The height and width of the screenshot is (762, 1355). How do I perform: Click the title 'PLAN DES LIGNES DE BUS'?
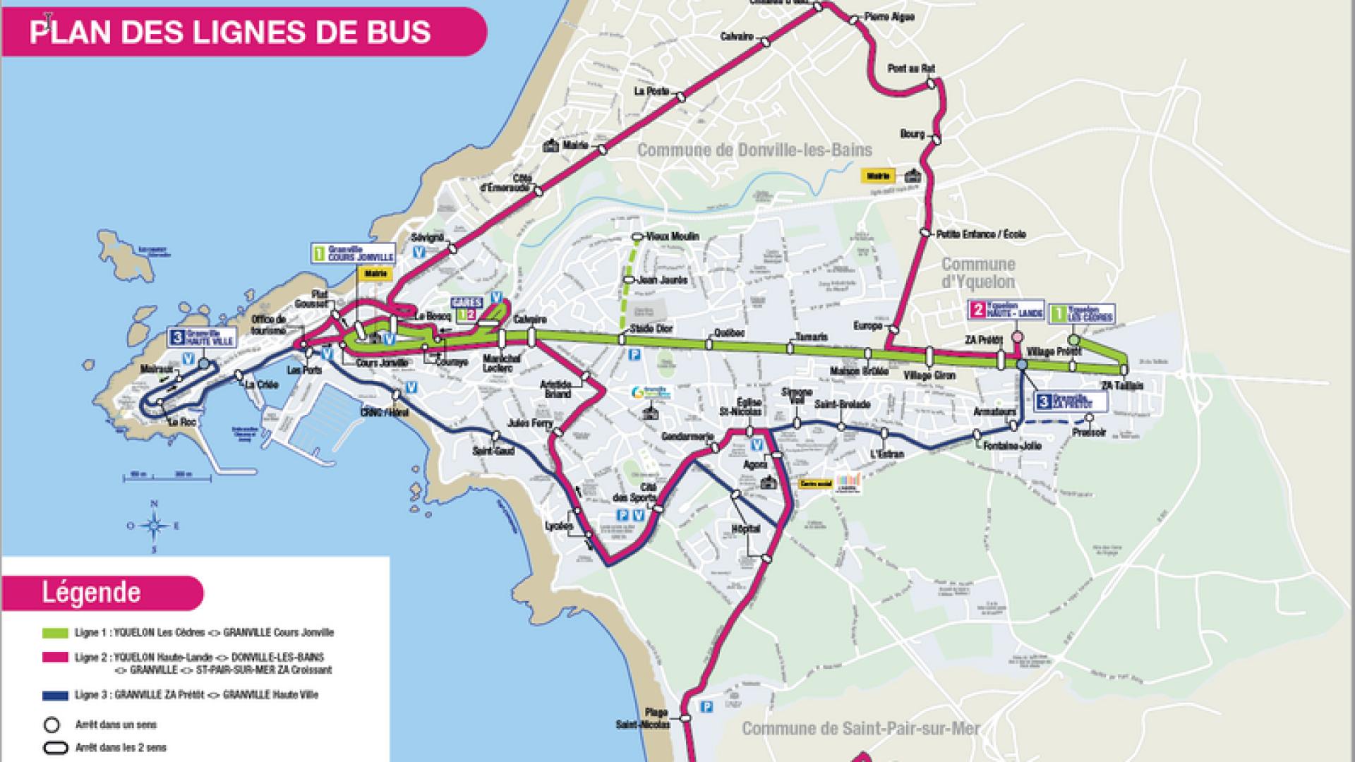(x=230, y=32)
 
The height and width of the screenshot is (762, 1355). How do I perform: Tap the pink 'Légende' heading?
(x=92, y=593)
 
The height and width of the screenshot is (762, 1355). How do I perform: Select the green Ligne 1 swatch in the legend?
(x=55, y=633)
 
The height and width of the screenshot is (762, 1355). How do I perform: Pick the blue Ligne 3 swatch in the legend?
(x=55, y=695)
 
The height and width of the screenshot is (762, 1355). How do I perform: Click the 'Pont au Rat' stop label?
(x=910, y=68)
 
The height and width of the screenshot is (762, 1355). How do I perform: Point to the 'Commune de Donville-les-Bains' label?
(x=754, y=150)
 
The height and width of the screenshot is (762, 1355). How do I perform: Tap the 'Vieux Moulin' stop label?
(x=672, y=236)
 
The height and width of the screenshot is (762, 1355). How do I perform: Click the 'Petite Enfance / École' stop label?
(x=980, y=234)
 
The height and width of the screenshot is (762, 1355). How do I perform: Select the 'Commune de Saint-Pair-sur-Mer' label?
(x=860, y=729)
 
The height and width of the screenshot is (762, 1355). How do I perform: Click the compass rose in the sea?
(x=154, y=526)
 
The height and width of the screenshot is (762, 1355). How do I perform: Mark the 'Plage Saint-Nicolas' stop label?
(x=643, y=718)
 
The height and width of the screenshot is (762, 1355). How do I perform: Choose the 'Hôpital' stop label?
(x=746, y=528)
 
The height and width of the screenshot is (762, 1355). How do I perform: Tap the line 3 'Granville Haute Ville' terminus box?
(x=202, y=338)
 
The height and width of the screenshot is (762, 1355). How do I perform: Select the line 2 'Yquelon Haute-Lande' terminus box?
(x=1006, y=310)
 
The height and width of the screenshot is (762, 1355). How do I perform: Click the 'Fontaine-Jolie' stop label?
(x=1012, y=446)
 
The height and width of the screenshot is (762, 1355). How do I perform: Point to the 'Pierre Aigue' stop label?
(x=889, y=17)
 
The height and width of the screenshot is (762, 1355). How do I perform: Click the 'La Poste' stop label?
(x=651, y=91)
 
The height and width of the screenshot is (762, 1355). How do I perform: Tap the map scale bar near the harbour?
(x=169, y=477)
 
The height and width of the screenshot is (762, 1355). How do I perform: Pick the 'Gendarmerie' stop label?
(x=687, y=437)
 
